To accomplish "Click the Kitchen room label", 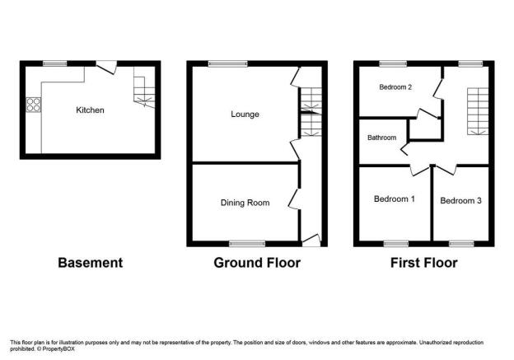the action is click(x=90, y=110).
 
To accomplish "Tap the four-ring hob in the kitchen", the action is click(x=34, y=105).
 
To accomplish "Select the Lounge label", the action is click(x=245, y=115).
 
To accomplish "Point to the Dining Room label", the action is click(x=245, y=203).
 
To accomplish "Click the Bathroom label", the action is click(x=382, y=138).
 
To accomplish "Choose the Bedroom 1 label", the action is click(x=395, y=199).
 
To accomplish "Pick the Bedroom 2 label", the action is click(x=395, y=87).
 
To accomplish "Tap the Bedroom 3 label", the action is click(x=460, y=201).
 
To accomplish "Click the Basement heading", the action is click(x=90, y=263).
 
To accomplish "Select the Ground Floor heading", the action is click(x=257, y=263).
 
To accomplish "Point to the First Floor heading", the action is click(x=424, y=263).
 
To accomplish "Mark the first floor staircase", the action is click(x=478, y=111).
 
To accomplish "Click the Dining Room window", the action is click(x=247, y=244).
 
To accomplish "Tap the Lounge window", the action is click(x=228, y=63).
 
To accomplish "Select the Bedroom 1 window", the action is click(x=396, y=244).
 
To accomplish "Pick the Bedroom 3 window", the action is click(x=461, y=244).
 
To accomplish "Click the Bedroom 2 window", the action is click(x=394, y=63).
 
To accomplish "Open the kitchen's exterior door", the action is click(x=106, y=67).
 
